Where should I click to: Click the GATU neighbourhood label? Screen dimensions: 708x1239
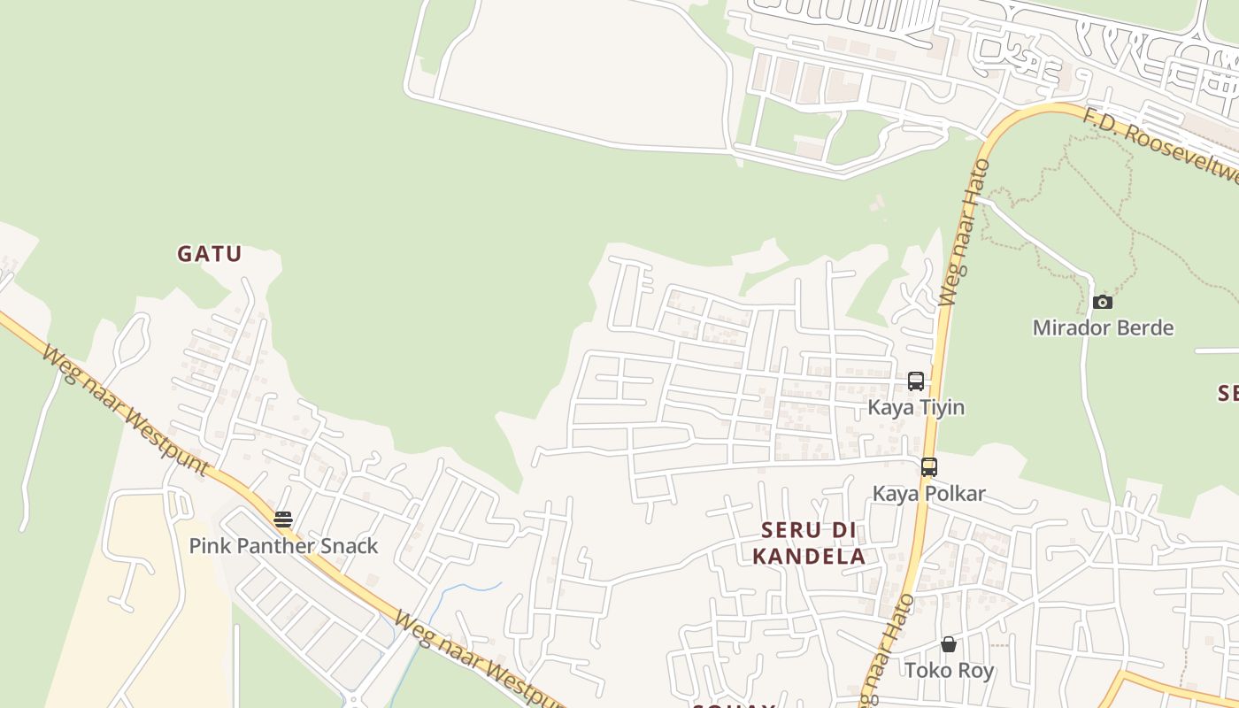point(209,254)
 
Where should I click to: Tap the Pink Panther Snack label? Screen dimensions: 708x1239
point(283,546)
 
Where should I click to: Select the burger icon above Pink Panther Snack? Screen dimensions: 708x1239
point(283,519)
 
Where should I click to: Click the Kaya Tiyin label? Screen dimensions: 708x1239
point(916,407)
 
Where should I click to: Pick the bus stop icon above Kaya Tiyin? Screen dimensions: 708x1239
point(916,381)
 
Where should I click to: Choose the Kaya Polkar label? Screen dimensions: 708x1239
point(929,493)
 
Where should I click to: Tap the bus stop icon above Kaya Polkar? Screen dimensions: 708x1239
point(928,466)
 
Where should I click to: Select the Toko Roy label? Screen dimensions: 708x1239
point(949,670)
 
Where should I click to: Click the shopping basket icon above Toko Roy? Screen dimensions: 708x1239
point(949,644)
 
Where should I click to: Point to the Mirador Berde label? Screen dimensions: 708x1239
point(1103,327)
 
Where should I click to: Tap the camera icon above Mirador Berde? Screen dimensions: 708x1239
point(1102,302)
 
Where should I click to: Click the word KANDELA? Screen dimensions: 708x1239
point(809,557)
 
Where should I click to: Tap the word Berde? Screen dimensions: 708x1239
point(1143,327)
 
